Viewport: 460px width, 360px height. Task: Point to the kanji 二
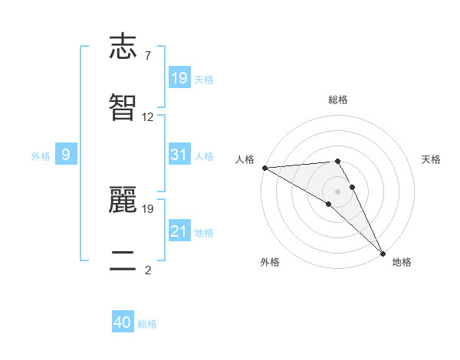(x=123, y=260)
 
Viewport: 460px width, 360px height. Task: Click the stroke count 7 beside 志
(x=147, y=56)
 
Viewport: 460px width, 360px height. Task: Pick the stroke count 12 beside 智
(x=148, y=117)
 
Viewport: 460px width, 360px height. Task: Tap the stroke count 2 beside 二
(x=147, y=270)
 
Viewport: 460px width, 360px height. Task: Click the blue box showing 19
(x=179, y=78)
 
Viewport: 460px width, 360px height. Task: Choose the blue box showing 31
(x=179, y=155)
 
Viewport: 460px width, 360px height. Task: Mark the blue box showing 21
(x=179, y=231)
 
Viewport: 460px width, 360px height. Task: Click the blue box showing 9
(x=66, y=155)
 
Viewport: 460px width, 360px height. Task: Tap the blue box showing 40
(x=123, y=323)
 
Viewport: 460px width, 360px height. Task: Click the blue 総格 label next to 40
(x=147, y=324)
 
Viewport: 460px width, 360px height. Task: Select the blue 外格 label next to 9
(x=41, y=155)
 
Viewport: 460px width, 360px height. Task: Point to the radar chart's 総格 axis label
(x=338, y=100)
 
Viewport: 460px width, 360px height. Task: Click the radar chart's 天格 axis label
(x=431, y=159)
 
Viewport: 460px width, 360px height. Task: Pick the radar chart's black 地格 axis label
(x=402, y=262)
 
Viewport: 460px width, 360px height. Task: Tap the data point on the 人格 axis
(x=264, y=168)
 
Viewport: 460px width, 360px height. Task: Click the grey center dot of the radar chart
(x=338, y=191)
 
